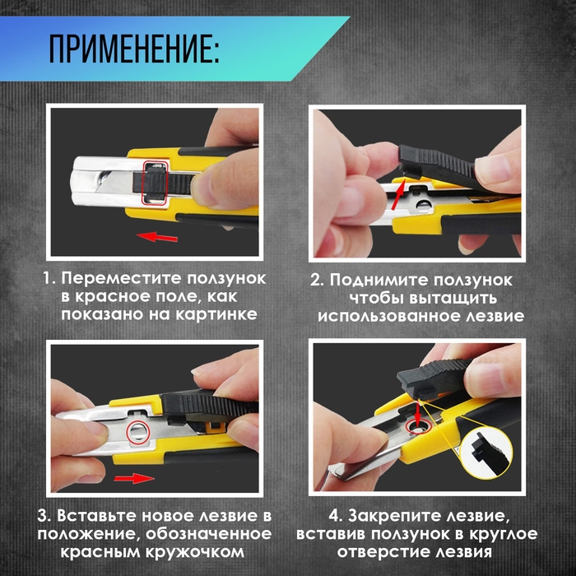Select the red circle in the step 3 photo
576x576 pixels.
point(138,430)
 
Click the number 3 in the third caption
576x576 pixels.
point(43,517)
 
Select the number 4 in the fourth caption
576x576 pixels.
point(335,517)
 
